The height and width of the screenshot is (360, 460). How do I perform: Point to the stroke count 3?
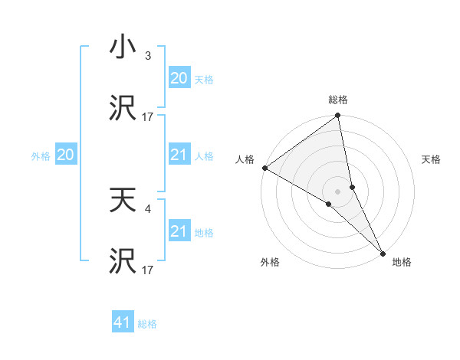pyautogui.click(x=148, y=56)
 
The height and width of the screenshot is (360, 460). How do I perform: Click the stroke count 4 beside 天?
pyautogui.click(x=148, y=208)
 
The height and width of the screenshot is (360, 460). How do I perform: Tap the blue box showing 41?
pyautogui.click(x=123, y=322)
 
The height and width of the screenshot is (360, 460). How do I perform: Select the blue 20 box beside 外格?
pyautogui.click(x=66, y=155)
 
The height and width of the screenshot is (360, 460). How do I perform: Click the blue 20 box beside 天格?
pyautogui.click(x=179, y=78)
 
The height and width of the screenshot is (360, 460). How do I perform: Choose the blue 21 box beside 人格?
pyautogui.click(x=179, y=155)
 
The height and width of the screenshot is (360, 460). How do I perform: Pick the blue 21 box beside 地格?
pyautogui.click(x=179, y=231)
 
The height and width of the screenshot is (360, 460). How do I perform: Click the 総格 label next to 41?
pyautogui.click(x=147, y=324)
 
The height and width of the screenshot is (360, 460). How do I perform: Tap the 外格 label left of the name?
pyautogui.click(x=41, y=156)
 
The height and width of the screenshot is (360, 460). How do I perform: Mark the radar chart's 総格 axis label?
pyautogui.click(x=338, y=100)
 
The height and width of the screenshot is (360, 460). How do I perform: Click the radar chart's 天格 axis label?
pyautogui.click(x=432, y=159)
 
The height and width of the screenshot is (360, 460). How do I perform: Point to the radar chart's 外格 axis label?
pyautogui.click(x=270, y=262)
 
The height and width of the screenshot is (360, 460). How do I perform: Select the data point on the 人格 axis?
pyautogui.click(x=264, y=168)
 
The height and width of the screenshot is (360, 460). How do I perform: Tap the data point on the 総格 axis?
pyautogui.click(x=338, y=116)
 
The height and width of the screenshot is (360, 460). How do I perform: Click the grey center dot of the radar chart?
pyautogui.click(x=338, y=191)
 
